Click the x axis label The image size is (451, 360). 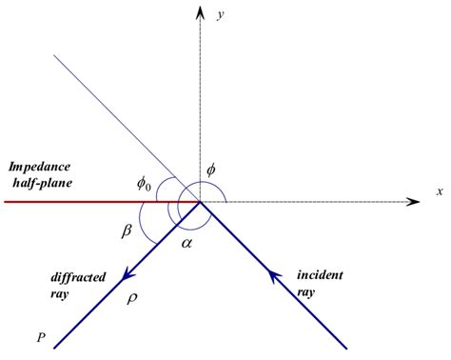pos(440,191)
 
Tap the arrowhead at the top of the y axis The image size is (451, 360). pos(200,12)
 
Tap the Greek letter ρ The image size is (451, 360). pos(132,298)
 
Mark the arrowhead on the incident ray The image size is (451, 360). pos(274,277)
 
